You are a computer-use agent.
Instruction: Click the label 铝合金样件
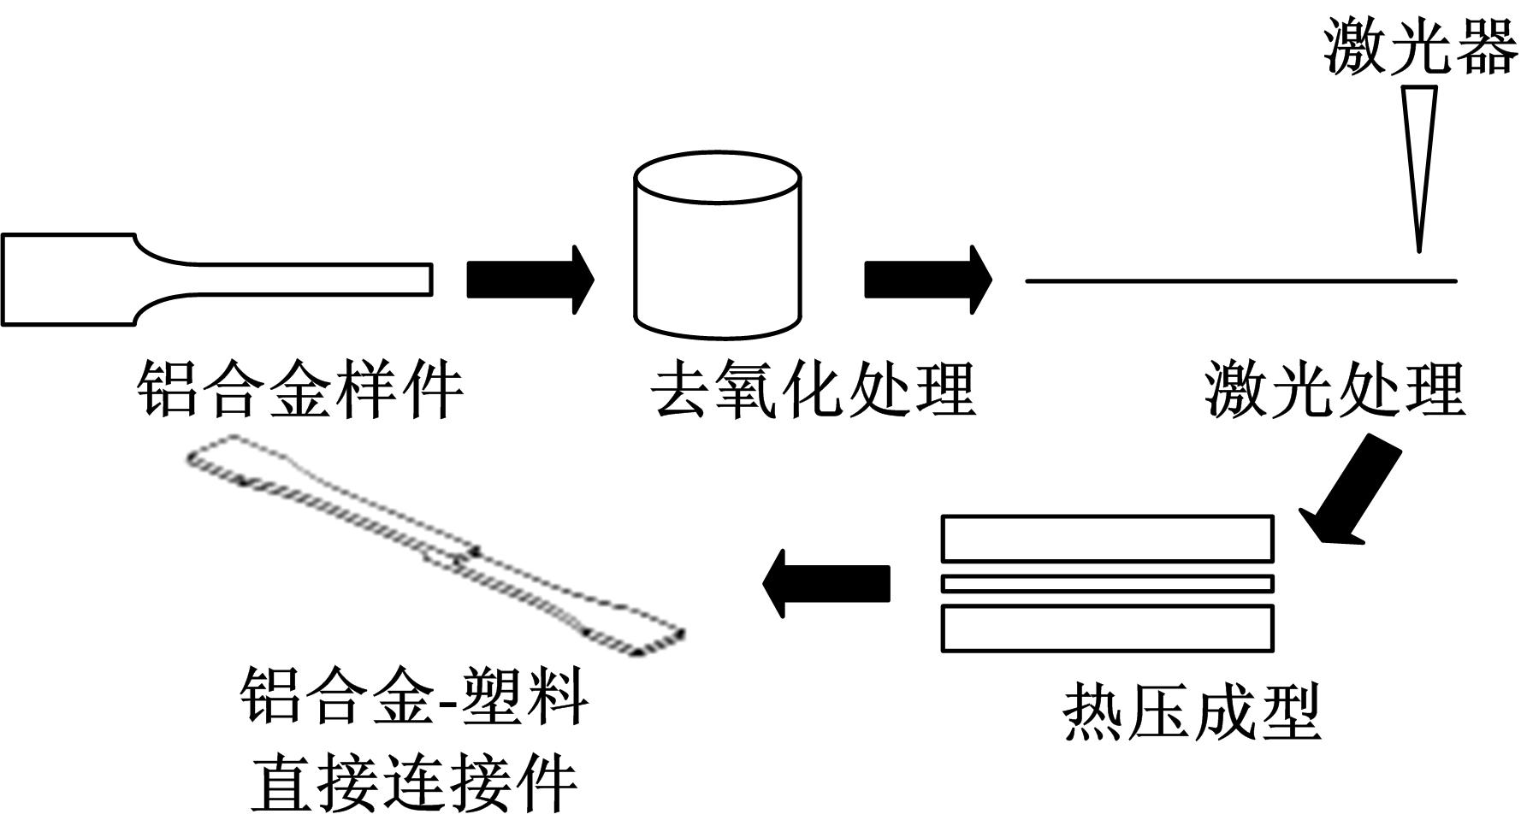pyautogui.click(x=300, y=390)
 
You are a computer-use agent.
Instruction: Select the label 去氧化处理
pyautogui.click(x=814, y=390)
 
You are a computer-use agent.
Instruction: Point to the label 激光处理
pyautogui.click(x=1335, y=390)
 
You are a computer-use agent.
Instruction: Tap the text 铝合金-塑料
pyautogui.click(x=414, y=696)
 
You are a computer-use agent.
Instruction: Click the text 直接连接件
pyautogui.click(x=414, y=783)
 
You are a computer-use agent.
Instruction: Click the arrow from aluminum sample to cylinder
pyautogui.click(x=530, y=280)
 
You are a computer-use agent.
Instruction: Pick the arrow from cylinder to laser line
pyautogui.click(x=927, y=280)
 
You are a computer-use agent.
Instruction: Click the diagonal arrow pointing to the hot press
pyautogui.click(x=1351, y=490)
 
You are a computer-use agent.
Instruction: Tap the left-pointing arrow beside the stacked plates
pyautogui.click(x=826, y=583)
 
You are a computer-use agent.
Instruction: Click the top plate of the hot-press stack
pyautogui.click(x=1107, y=538)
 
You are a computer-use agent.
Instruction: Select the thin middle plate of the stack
pyautogui.click(x=1107, y=584)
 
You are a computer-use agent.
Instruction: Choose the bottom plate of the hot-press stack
pyautogui.click(x=1107, y=628)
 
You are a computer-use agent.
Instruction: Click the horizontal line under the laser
pyautogui.click(x=1240, y=280)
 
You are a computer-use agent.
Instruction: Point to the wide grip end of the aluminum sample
pyautogui.click(x=68, y=280)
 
